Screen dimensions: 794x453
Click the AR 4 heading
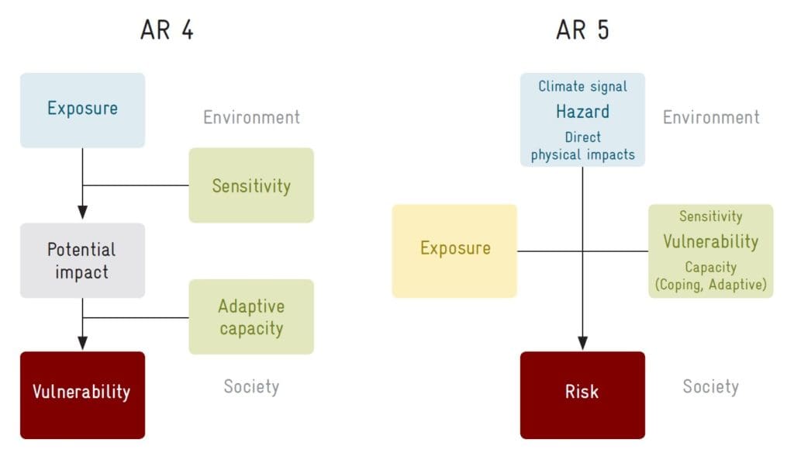coord(167,30)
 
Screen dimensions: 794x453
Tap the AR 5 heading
coord(582,30)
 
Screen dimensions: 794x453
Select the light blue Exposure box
coord(82,110)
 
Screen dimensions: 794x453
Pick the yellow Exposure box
coord(454,251)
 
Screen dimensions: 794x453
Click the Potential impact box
coord(82,261)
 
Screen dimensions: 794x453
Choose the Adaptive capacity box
coord(251,316)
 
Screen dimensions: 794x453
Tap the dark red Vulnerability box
coord(82,396)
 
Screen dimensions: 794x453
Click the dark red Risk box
coord(582,396)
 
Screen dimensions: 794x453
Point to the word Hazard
coord(582,112)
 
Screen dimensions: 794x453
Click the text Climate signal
coord(582,87)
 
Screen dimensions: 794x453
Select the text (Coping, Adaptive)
coord(710,285)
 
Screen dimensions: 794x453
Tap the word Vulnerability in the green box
coord(710,242)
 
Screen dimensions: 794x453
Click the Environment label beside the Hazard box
coord(711,118)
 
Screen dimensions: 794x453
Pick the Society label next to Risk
coord(710,386)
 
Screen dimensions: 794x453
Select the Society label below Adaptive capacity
coord(251,386)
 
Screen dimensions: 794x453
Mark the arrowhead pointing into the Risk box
coord(582,343)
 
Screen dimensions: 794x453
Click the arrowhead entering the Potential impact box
coord(82,213)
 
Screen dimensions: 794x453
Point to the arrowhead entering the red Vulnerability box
coord(82,343)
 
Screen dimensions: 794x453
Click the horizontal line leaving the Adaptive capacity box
coord(136,318)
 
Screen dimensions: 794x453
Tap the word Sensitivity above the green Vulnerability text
coord(710,217)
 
